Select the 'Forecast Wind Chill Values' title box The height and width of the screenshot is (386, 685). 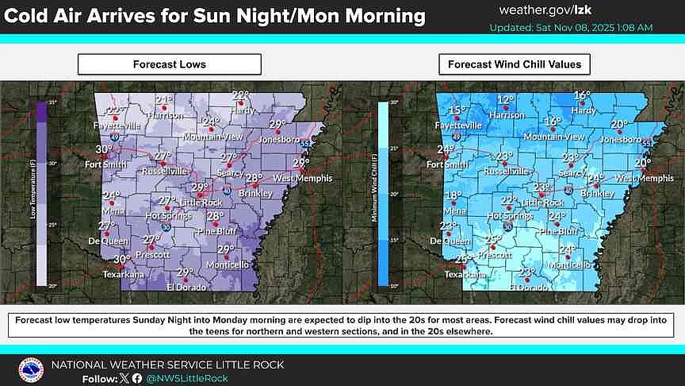coord(515,64)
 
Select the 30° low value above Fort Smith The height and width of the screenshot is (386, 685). coord(104,149)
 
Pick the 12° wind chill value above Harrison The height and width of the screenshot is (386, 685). coord(505,100)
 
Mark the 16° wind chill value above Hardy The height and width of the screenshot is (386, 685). coord(582,95)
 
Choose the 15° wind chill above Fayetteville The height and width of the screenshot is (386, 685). coord(457,111)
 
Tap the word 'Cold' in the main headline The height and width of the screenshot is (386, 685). coord(32,16)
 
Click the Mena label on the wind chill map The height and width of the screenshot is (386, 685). coord(455,212)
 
